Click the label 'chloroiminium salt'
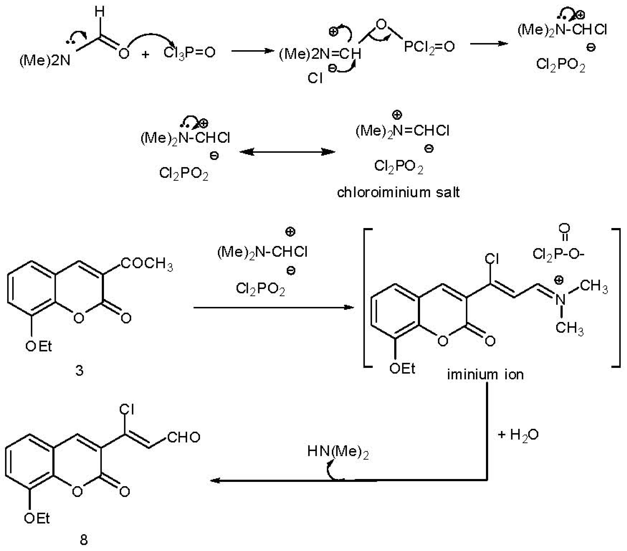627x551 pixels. pyautogui.click(x=398, y=192)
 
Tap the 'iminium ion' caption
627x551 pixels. pyautogui.click(x=485, y=374)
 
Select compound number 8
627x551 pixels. pyautogui.click(x=83, y=540)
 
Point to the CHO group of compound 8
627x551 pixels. pyautogui.click(x=183, y=437)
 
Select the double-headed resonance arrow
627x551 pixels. pyautogui.click(x=287, y=152)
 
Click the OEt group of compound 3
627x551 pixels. pyautogui.click(x=39, y=347)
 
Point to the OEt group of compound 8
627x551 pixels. pyautogui.click(x=37, y=518)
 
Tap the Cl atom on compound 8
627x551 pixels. pyautogui.click(x=127, y=409)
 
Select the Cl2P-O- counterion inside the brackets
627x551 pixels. pyautogui.click(x=558, y=254)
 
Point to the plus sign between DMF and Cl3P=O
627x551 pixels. pyautogui.click(x=145, y=55)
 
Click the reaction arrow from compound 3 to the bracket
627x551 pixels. pyautogui.click(x=273, y=307)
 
